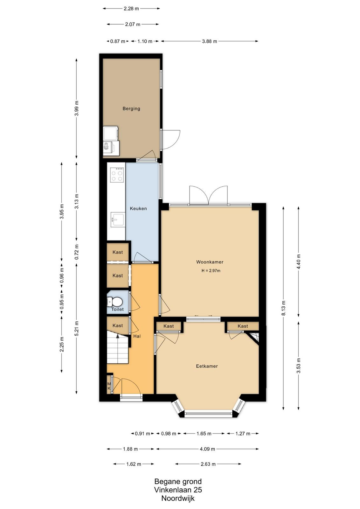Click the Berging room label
(x=131, y=108)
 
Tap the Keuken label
(x=138, y=208)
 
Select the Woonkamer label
(x=210, y=262)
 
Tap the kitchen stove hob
(x=117, y=175)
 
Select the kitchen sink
(x=118, y=220)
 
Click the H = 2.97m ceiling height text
(x=211, y=271)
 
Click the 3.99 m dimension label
(x=77, y=108)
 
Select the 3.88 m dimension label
(x=209, y=41)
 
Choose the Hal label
(x=137, y=336)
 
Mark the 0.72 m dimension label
(x=77, y=252)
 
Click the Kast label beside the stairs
(x=118, y=326)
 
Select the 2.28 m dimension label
(x=131, y=9)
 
